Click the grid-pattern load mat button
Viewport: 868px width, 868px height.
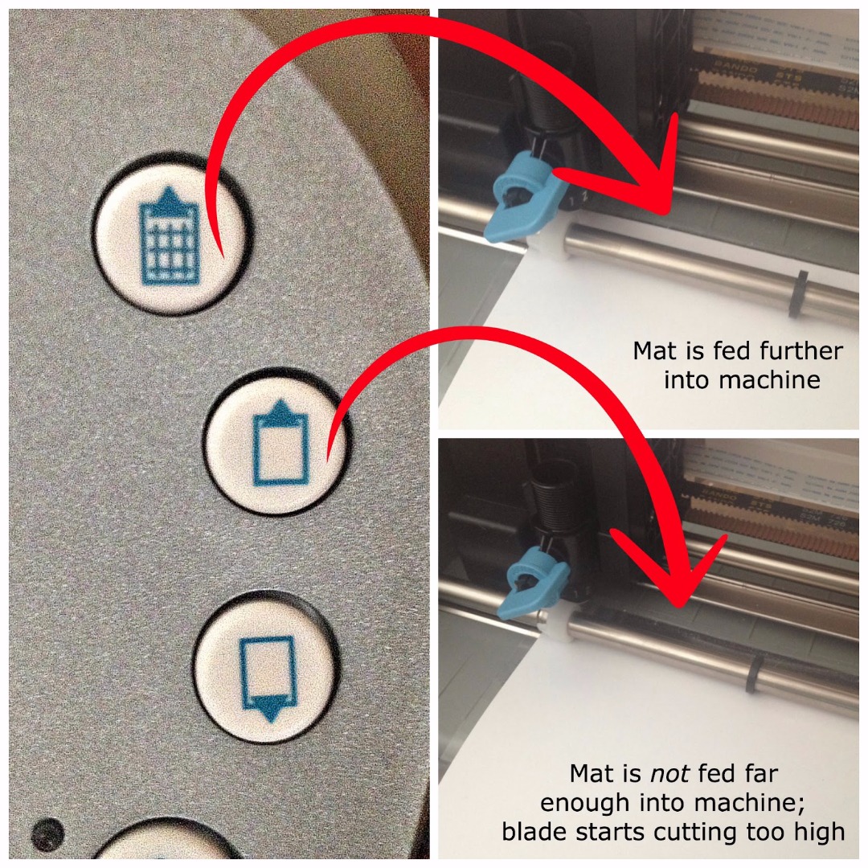coord(171,234)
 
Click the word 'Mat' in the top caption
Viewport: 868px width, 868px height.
coord(653,351)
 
